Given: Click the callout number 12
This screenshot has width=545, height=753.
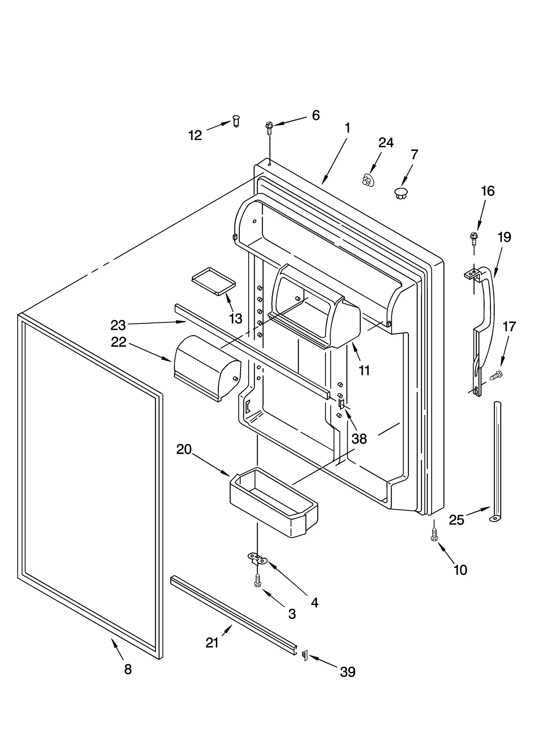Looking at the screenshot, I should click(195, 136).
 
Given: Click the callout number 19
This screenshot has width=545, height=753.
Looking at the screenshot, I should click(504, 237).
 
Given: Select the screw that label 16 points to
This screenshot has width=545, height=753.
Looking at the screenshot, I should click(473, 238).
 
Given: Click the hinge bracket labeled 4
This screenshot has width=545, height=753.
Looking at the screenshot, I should click(257, 559).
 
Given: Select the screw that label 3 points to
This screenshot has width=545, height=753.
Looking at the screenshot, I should click(258, 581).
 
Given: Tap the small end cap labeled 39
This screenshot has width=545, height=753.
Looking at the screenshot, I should click(305, 655).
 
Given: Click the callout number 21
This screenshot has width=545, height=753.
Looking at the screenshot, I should click(212, 643).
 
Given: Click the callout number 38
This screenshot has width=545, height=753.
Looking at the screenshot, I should click(359, 439).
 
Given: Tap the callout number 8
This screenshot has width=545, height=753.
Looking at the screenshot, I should click(128, 669).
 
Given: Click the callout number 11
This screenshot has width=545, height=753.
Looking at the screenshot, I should click(364, 370).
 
